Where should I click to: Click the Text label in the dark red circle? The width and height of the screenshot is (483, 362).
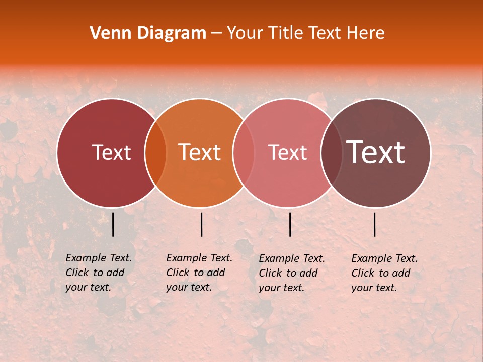(111, 153)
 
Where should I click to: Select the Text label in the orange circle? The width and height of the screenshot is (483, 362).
(200, 153)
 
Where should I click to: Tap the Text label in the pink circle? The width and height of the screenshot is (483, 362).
(288, 153)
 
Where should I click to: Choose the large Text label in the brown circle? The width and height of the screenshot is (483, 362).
(376, 153)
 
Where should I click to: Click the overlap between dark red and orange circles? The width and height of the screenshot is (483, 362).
(155, 153)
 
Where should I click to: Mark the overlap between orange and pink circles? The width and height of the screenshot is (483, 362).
(244, 153)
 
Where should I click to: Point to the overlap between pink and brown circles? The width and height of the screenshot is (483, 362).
(331, 153)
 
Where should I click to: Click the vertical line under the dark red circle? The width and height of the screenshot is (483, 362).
(113, 224)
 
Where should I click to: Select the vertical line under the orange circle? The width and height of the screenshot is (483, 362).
(201, 224)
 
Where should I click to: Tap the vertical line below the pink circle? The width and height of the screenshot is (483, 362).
(290, 224)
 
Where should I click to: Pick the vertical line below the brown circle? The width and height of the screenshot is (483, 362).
(375, 224)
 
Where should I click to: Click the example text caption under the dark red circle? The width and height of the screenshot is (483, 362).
(99, 273)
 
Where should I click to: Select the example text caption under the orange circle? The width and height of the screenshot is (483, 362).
(199, 273)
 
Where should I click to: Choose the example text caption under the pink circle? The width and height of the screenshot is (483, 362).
(292, 273)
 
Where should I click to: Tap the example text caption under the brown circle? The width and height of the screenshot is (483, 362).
(384, 273)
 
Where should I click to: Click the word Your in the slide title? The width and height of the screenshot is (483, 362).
(245, 33)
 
